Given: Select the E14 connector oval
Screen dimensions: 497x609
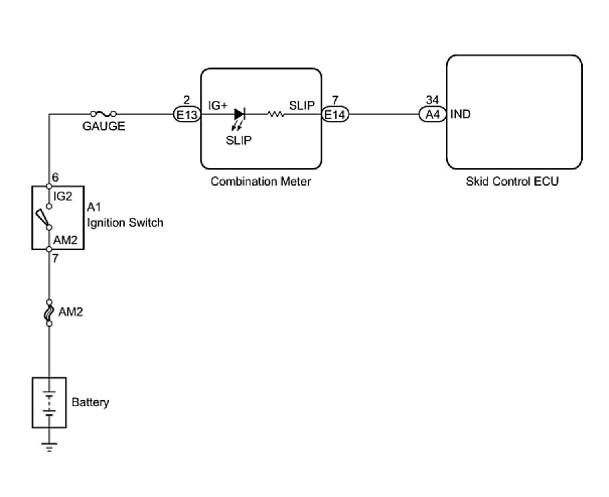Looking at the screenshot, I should [x=335, y=115].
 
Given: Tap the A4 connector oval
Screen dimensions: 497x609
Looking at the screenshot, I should [x=433, y=115].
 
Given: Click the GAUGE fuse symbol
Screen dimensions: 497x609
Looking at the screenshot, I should [x=103, y=114].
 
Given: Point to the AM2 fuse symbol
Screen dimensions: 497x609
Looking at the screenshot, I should [x=49, y=313].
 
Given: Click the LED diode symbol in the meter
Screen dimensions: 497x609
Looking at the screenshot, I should [x=240, y=115].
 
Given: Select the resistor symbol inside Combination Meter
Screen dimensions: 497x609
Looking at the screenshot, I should [x=275, y=115].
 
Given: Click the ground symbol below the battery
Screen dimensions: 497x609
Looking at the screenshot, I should [x=49, y=446].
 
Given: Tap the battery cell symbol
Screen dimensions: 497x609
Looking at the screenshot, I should [x=49, y=402].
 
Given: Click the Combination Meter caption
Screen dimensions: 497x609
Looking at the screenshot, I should [x=261, y=182].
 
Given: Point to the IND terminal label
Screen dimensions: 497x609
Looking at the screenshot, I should [x=461, y=114].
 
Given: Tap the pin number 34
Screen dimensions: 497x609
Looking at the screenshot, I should [x=432, y=101].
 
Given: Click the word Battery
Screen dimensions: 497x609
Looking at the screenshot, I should [x=90, y=403].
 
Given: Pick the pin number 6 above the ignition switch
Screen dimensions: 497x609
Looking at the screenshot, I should [x=55, y=178].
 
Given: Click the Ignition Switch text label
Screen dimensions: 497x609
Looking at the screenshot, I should [x=125, y=223].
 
